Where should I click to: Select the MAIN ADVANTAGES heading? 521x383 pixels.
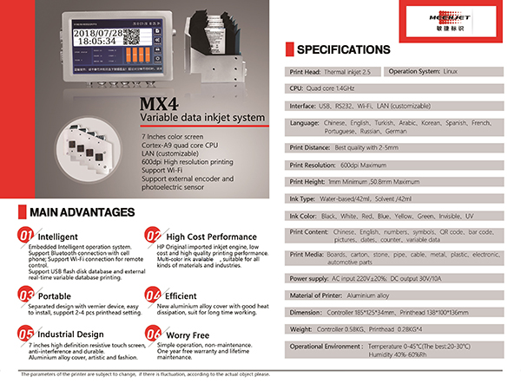point(82,211)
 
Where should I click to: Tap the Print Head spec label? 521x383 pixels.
point(303,70)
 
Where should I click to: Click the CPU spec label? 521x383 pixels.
point(293,88)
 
